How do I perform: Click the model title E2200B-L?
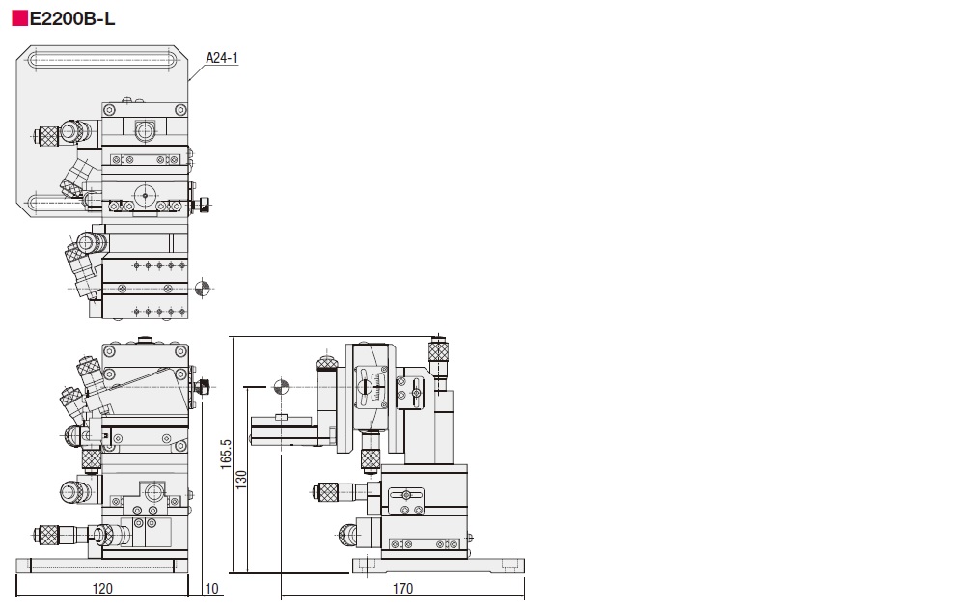[72, 19]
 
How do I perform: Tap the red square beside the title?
[20, 19]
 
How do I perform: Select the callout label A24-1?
[222, 58]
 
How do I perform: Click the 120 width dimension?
[102, 589]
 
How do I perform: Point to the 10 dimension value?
[211, 589]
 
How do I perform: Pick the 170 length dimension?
[402, 589]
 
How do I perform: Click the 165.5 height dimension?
[226, 454]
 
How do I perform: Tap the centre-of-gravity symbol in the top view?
[202, 288]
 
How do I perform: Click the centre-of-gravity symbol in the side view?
[281, 387]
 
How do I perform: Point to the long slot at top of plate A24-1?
[102, 60]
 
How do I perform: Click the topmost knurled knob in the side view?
[438, 351]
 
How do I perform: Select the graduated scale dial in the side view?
[371, 387]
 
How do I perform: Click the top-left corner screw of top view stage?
[109, 110]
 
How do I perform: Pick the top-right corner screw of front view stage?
[180, 352]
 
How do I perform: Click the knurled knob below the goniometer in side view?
[370, 458]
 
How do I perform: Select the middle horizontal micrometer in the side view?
[340, 492]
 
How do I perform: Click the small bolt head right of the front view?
[203, 387]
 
